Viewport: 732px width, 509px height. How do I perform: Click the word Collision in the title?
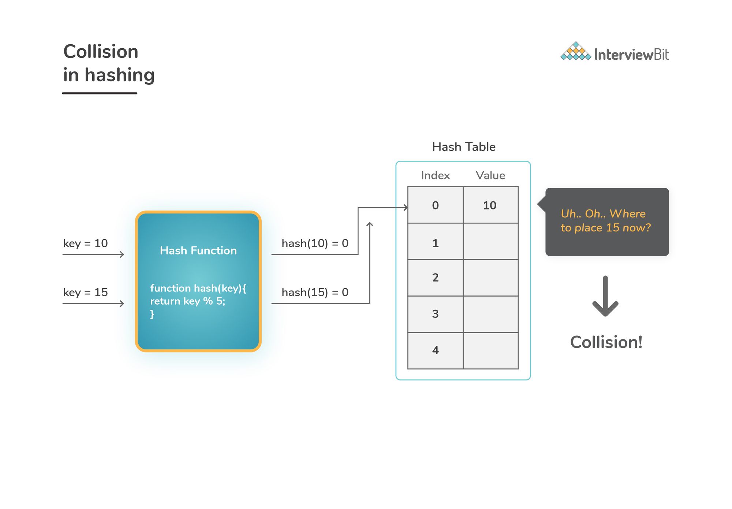[x=101, y=52]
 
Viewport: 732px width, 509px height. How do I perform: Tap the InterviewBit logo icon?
[x=575, y=51]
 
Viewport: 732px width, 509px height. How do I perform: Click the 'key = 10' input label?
[x=85, y=243]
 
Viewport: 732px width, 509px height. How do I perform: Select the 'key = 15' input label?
[x=85, y=292]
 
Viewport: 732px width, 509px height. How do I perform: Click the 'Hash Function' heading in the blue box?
[x=198, y=250]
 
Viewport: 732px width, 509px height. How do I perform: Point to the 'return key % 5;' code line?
[x=187, y=301]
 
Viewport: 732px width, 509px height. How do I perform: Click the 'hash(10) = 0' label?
[x=315, y=243]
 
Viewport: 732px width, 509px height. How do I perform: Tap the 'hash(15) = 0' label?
[x=315, y=292]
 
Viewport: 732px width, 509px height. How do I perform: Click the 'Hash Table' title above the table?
[x=463, y=147]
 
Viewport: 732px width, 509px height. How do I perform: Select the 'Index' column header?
[x=435, y=175]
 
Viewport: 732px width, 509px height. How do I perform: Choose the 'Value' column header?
[x=490, y=175]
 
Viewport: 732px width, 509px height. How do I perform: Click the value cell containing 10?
[x=490, y=205]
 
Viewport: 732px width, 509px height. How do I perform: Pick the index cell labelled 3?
[x=435, y=314]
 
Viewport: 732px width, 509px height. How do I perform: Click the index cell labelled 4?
[x=435, y=350]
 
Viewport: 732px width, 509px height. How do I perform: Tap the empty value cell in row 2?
[x=490, y=278]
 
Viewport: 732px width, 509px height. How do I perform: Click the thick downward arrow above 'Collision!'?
[x=605, y=297]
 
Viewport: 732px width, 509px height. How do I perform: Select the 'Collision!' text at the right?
[x=606, y=342]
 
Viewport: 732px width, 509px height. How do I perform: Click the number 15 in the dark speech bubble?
[x=612, y=228]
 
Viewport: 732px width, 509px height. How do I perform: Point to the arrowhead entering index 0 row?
[x=406, y=208]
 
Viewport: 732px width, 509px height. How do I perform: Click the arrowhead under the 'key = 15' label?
[x=122, y=304]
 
